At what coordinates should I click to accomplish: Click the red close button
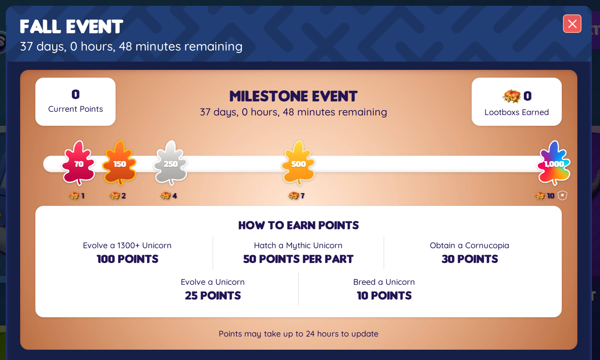572,23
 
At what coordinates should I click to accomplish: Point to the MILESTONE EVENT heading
293,96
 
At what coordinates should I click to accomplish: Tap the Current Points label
76,109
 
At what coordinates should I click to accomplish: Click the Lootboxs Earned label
517,112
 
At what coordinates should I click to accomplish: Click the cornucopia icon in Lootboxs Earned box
511,96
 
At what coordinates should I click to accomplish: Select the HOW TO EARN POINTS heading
299,225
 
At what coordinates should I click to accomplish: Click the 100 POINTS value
127,259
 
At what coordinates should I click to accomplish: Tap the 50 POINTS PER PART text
299,259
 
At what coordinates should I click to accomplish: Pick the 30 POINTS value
470,259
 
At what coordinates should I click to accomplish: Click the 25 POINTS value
213,295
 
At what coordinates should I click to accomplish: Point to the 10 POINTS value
384,295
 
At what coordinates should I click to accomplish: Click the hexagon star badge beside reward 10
562,195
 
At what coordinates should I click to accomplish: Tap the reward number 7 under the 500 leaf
302,196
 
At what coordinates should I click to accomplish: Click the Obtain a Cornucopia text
469,245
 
